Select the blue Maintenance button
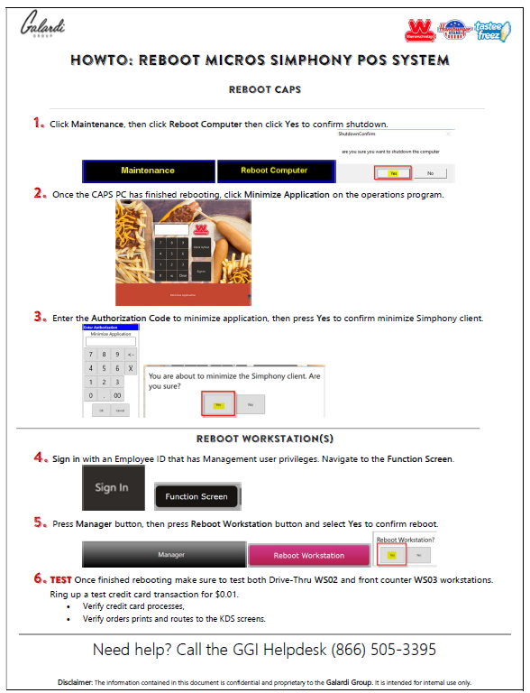pos(148,171)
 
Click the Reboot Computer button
pos(274,171)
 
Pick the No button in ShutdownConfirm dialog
pos(430,172)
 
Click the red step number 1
pos(39,123)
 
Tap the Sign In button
pos(112,488)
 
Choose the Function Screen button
pos(196,496)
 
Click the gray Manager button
pos(164,554)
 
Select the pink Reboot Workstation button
pos(309,555)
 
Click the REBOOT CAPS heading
pos(264,90)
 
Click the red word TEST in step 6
pos(61,578)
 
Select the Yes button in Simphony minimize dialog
pos(218,404)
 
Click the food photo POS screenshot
pos(183,253)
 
